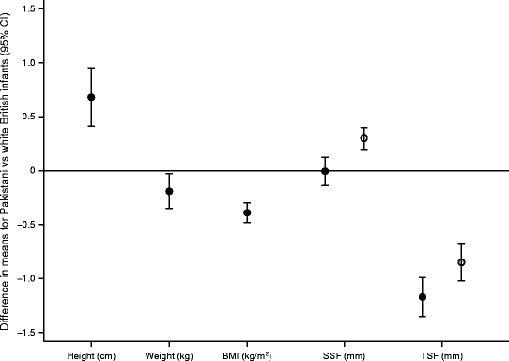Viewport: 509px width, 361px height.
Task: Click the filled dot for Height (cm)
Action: tap(91, 97)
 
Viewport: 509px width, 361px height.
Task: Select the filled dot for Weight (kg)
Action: tap(169, 191)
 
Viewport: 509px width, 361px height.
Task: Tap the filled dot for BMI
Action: tap(247, 212)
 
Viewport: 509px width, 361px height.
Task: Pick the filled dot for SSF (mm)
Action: tap(325, 171)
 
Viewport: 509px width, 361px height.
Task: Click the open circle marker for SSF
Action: tap(364, 138)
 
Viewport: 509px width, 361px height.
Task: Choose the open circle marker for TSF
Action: tap(461, 262)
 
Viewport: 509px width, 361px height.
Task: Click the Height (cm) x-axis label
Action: tap(91, 354)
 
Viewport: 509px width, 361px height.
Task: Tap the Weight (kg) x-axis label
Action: tap(169, 354)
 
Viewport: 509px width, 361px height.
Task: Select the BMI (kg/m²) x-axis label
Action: tap(247, 354)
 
